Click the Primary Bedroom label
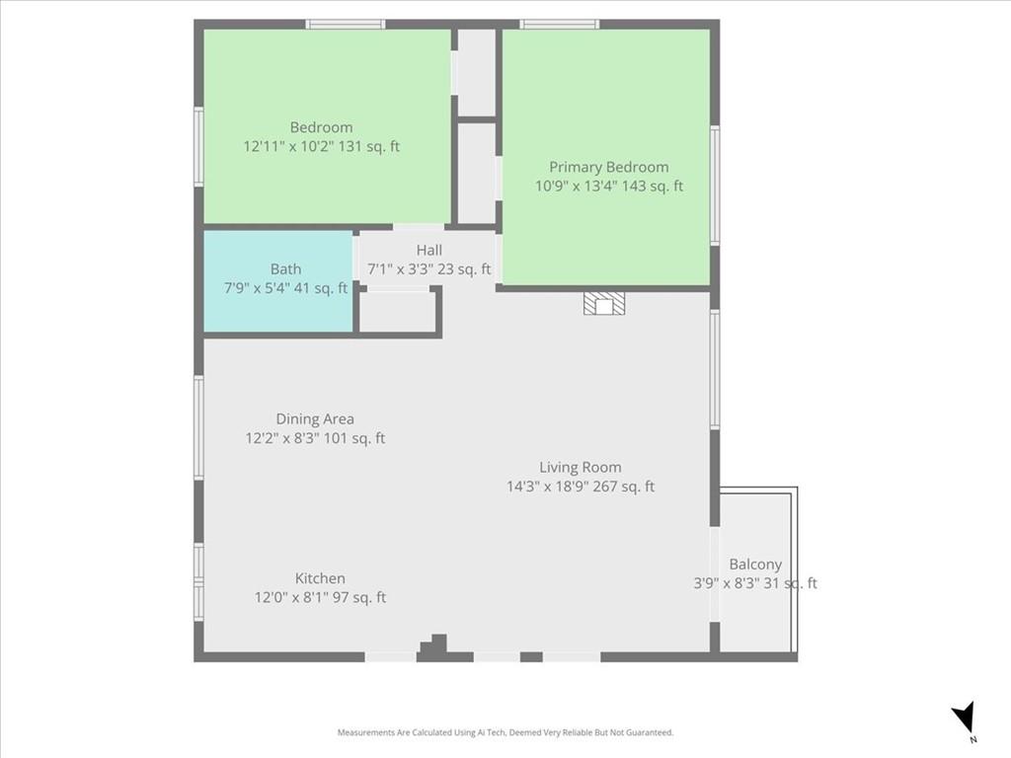608,167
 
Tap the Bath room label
285,268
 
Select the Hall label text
428,250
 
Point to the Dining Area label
314,418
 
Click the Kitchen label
320,578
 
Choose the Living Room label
580,467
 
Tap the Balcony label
755,565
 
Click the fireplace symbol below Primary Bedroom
603,303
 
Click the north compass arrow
965,718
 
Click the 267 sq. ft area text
623,486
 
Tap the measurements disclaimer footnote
505,732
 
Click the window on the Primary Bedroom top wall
560,24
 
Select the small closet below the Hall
397,312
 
